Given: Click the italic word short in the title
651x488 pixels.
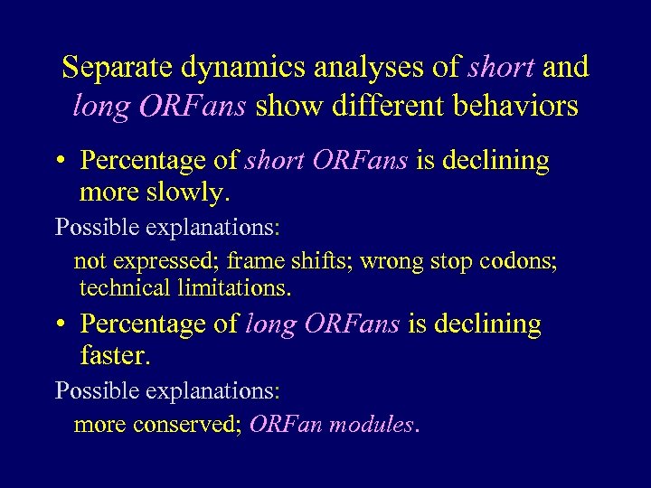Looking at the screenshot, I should tap(502, 67).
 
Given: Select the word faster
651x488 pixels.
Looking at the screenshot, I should tap(115, 356).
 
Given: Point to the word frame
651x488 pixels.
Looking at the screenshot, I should tap(257, 262).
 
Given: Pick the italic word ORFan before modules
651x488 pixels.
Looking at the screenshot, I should tap(285, 425).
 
